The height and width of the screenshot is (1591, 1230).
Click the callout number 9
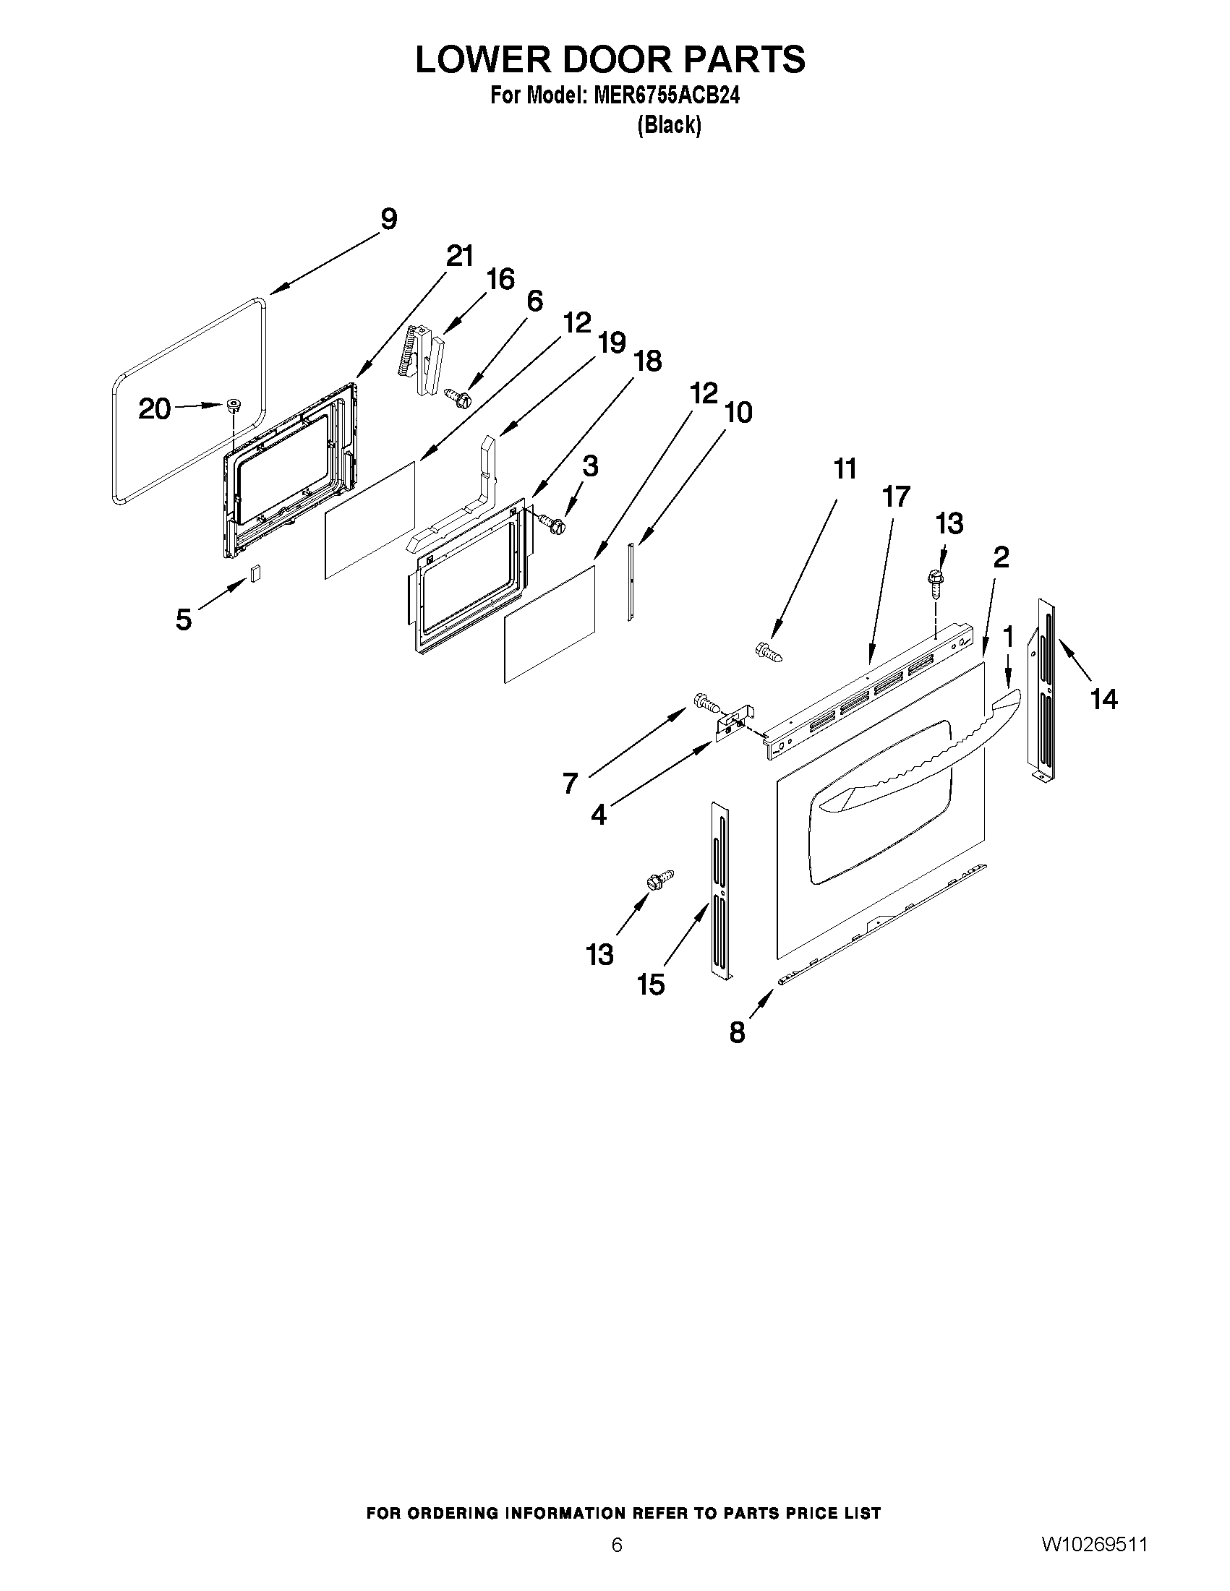[x=388, y=219]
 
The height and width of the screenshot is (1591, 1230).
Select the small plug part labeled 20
[x=234, y=406]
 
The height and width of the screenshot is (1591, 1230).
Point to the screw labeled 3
[x=553, y=522]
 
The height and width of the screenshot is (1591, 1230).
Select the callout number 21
[x=459, y=257]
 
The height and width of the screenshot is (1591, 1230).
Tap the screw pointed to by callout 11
[x=769, y=651]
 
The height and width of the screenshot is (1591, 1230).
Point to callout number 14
[x=1103, y=700]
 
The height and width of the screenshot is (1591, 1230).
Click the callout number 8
[x=738, y=1032]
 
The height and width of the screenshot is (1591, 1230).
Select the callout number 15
[x=651, y=985]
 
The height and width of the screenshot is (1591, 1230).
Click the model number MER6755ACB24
[x=666, y=95]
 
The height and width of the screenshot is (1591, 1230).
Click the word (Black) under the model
[x=669, y=125]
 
